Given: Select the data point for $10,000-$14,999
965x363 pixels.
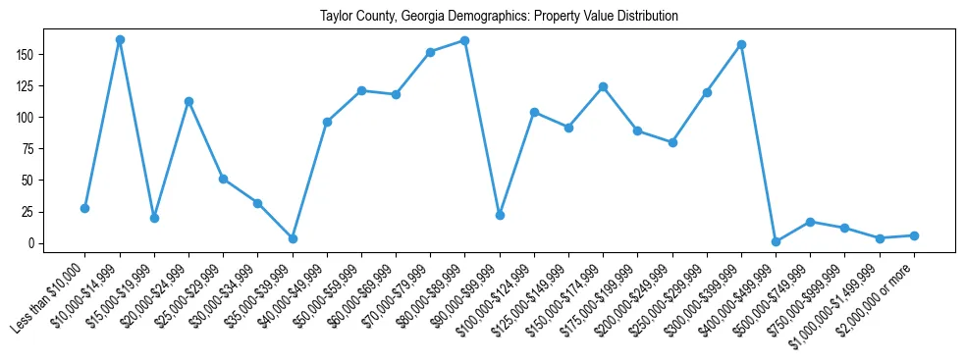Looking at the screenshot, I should [120, 39].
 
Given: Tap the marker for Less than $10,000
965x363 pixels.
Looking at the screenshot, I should [84, 208].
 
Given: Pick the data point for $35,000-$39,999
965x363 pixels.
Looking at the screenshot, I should [293, 238].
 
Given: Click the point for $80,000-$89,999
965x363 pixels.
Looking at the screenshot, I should [465, 40].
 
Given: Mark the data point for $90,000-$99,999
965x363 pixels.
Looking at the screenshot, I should [500, 215].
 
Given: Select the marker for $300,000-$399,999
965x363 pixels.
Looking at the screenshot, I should [741, 44].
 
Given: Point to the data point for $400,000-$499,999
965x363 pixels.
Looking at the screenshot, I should [776, 241].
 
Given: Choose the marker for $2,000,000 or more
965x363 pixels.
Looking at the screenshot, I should [914, 235].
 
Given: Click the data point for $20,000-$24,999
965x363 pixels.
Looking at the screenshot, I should [188, 101].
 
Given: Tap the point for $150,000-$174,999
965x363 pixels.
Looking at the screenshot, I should [603, 86].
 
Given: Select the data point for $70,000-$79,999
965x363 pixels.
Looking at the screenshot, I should [430, 52].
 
